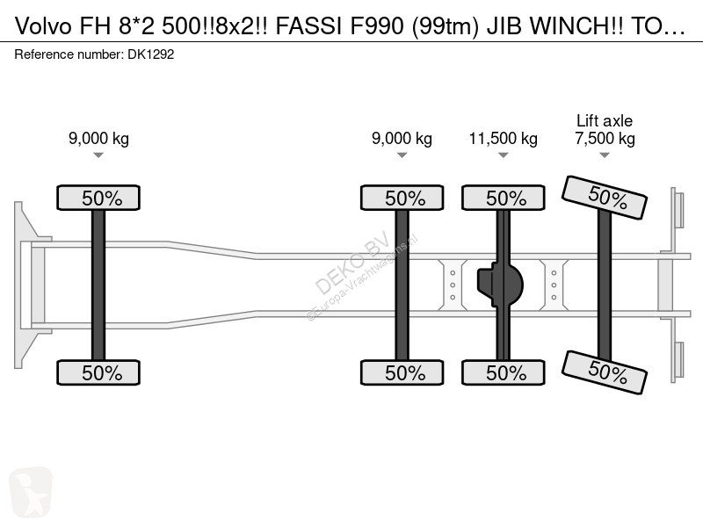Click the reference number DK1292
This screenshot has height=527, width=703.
150,54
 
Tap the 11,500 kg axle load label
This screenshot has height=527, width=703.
503,139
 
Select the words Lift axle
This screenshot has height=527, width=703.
605,120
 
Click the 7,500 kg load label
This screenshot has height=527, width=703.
605,139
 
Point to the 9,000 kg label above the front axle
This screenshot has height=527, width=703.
98,139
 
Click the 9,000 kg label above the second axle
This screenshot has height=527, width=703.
402,139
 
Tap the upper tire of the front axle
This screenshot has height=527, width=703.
98,198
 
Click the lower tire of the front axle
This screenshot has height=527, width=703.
98,372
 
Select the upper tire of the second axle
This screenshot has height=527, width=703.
402,198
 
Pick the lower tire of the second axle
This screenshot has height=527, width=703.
402,372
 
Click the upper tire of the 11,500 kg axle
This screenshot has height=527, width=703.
504,198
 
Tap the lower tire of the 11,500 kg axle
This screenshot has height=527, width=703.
504,372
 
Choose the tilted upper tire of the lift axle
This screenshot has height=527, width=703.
605,198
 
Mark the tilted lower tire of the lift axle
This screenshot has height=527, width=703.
605,372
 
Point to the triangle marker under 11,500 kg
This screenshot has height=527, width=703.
503,155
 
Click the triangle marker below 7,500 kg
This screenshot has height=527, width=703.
605,155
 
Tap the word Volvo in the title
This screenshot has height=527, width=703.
43,26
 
